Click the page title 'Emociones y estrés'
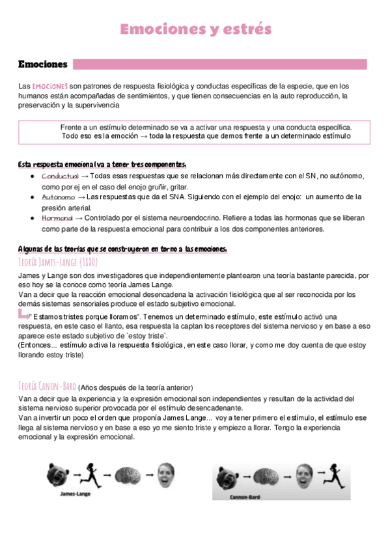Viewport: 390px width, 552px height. pyautogui.click(x=195, y=29)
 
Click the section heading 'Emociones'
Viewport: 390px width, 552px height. pyautogui.click(x=43, y=64)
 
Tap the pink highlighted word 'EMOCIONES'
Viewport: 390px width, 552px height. pyautogui.click(x=50, y=86)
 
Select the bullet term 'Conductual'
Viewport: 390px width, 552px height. pyautogui.click(x=59, y=176)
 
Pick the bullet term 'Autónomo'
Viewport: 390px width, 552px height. pyautogui.click(x=58, y=197)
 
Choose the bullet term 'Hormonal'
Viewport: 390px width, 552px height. pyautogui.click(x=57, y=218)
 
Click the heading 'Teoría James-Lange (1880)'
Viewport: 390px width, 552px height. pyautogui.click(x=58, y=262)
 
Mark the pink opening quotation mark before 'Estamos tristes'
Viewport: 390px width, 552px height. pyautogui.click(x=24, y=314)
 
